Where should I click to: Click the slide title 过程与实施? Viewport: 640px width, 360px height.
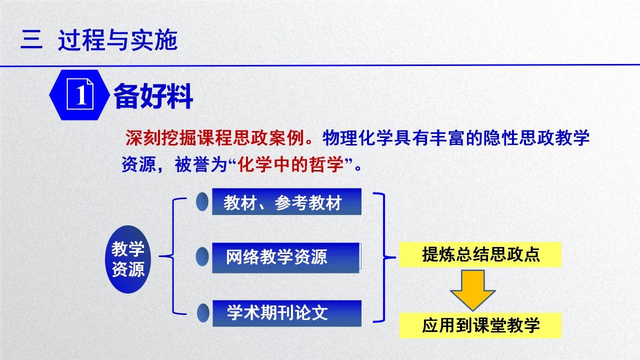(x=117, y=40)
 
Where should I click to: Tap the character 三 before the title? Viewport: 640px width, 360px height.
(x=31, y=39)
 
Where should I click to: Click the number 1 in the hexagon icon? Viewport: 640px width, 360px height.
(x=81, y=95)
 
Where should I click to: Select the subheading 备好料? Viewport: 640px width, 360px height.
(x=153, y=96)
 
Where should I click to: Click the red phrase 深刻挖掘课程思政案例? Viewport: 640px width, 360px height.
(x=214, y=138)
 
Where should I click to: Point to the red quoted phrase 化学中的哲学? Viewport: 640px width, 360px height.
(x=291, y=164)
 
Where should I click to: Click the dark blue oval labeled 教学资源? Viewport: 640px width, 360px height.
(x=128, y=259)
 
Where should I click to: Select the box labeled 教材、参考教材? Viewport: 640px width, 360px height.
(x=286, y=201)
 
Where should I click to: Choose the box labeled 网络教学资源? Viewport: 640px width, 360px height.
(x=285, y=257)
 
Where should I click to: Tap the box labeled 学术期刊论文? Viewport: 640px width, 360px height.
(x=287, y=313)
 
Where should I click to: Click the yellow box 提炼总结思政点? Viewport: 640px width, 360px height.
(x=480, y=254)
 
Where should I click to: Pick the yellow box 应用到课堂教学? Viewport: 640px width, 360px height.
(x=480, y=325)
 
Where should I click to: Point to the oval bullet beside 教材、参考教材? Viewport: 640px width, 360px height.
(x=202, y=201)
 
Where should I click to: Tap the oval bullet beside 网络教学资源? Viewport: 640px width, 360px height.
(x=202, y=256)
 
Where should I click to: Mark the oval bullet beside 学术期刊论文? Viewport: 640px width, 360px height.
(x=203, y=313)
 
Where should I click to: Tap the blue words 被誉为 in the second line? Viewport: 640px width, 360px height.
(x=201, y=165)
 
